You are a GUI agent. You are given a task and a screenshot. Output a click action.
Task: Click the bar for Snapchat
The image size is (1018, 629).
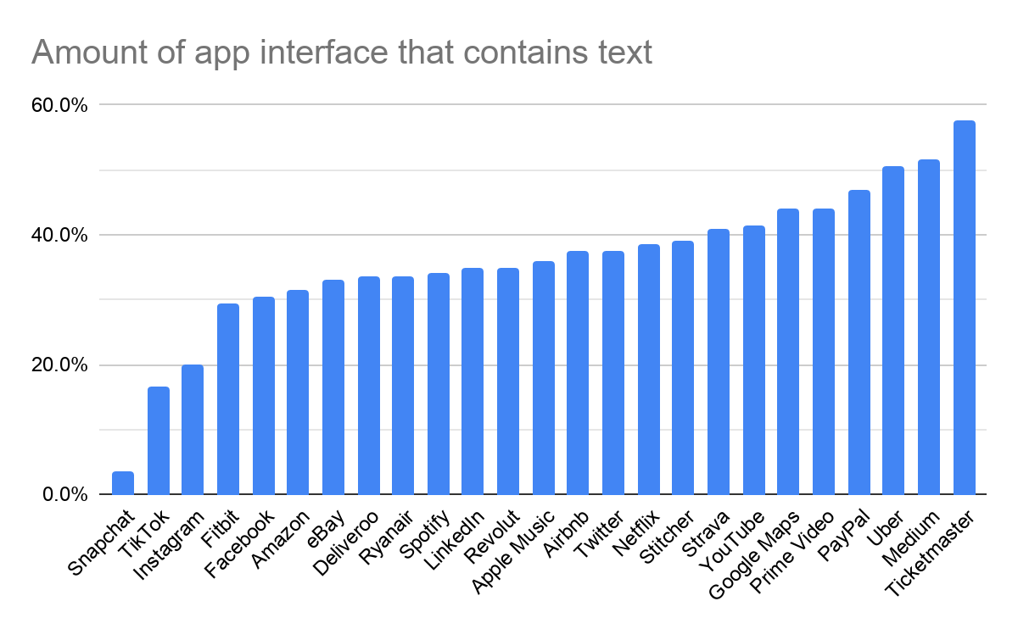point(123,483)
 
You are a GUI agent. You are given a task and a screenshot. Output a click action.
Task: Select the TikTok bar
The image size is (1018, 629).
point(159,441)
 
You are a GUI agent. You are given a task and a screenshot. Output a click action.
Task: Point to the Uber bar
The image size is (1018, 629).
point(893,331)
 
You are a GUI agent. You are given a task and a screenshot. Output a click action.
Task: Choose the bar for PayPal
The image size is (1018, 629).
point(859,342)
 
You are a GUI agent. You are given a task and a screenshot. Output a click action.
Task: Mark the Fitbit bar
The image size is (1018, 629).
point(228,399)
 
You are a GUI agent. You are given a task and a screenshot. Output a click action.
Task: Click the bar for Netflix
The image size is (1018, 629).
point(649,370)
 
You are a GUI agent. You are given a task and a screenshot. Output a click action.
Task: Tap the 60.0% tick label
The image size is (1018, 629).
point(59,105)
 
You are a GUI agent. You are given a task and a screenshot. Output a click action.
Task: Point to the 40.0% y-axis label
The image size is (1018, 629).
point(59,235)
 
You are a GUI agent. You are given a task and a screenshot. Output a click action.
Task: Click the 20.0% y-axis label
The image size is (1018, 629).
point(59,365)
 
